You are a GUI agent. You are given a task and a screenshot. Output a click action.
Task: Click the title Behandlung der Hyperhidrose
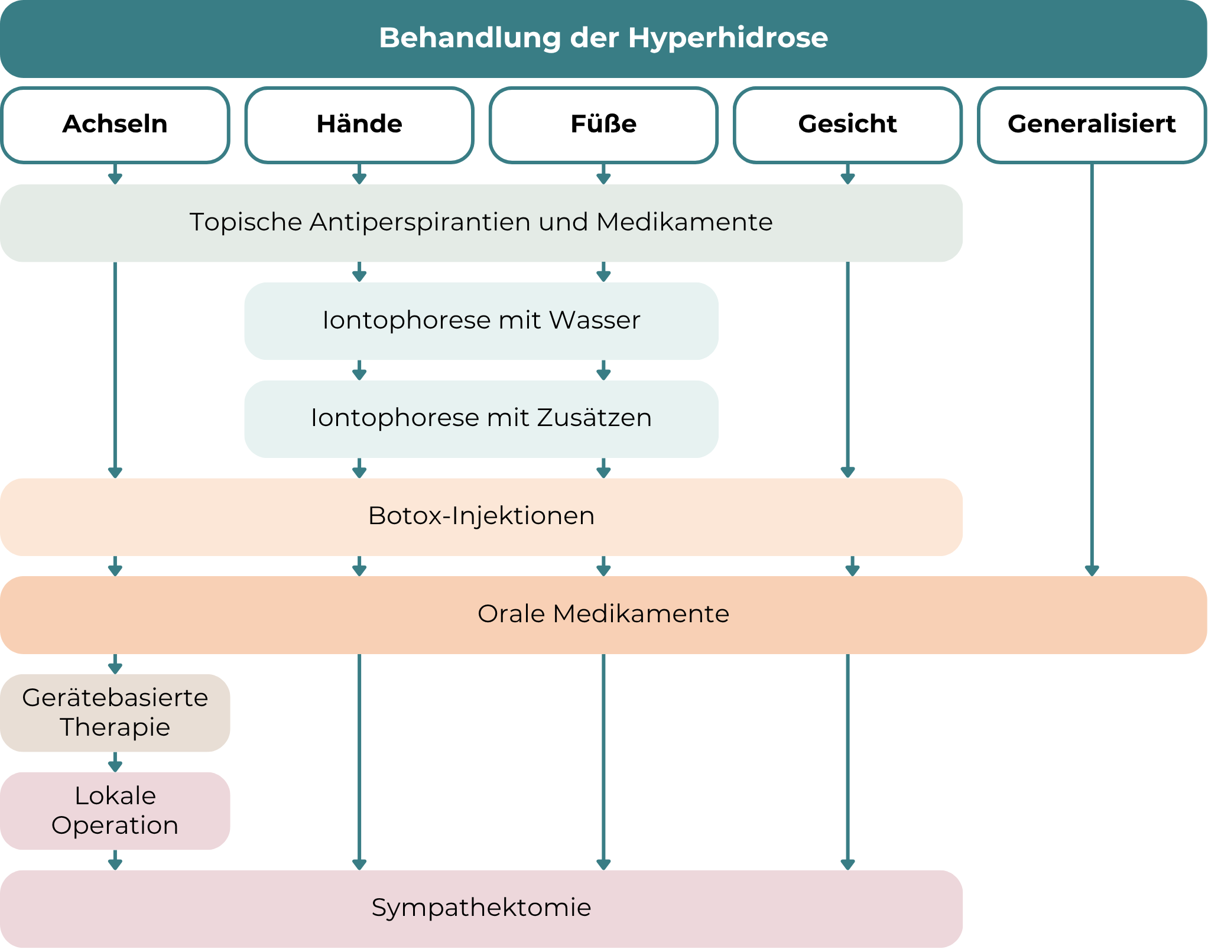[x=603, y=38]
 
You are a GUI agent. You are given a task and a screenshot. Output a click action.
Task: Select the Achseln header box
[x=115, y=125]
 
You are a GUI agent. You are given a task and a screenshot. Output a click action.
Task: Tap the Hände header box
[x=359, y=125]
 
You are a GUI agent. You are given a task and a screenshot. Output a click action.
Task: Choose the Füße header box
[x=603, y=125]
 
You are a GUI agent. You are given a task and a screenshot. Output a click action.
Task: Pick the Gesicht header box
[x=847, y=125]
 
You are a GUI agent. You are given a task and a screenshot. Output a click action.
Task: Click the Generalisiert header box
[x=1092, y=125]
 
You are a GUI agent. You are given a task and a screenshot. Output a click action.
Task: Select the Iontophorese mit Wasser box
[x=481, y=321]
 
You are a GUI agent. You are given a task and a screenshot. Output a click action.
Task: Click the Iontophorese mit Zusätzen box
[x=481, y=418]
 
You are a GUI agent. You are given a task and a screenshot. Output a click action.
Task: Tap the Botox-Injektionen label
[x=481, y=516]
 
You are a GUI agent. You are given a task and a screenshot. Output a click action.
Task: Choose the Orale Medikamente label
[x=603, y=614]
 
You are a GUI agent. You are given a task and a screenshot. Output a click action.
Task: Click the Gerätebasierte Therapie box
[x=115, y=713]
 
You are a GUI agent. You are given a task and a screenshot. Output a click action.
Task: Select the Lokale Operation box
[x=115, y=811]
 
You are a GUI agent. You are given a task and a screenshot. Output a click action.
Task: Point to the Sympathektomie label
[x=481, y=908]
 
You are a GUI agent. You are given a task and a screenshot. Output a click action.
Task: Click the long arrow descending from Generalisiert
[x=1092, y=366]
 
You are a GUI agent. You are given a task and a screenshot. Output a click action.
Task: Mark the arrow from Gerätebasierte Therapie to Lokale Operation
[x=115, y=762]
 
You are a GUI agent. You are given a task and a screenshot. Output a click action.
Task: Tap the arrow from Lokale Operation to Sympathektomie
[x=115, y=860]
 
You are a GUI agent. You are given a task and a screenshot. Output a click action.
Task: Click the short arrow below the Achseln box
[x=115, y=174]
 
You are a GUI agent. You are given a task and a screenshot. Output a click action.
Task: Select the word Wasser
[x=595, y=321]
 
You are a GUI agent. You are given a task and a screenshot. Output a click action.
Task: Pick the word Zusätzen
[x=595, y=418]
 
